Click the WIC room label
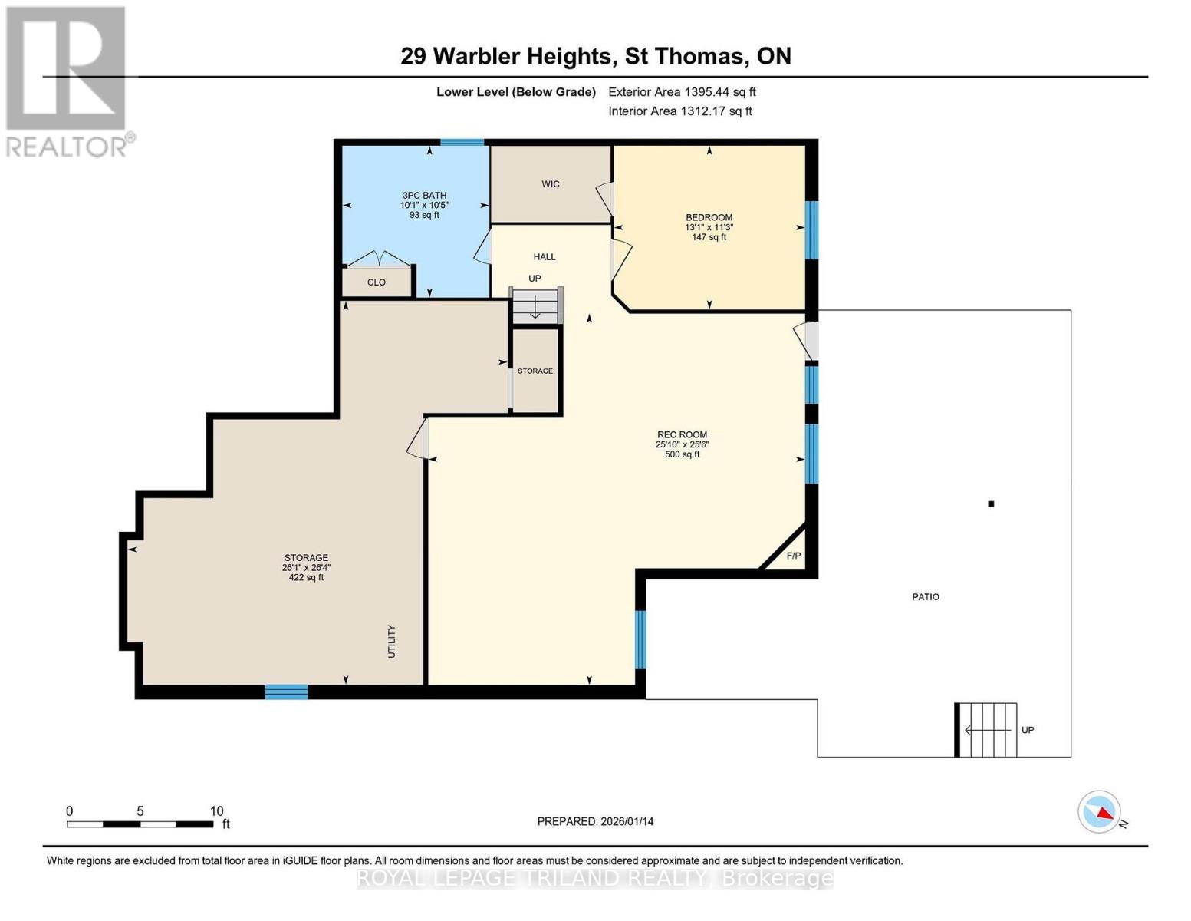click(551, 184)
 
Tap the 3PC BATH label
click(424, 196)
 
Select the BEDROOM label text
click(709, 217)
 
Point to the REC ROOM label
click(681, 434)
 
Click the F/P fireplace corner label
click(793, 556)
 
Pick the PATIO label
click(926, 597)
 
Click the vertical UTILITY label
click(391, 642)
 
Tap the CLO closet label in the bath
click(376, 282)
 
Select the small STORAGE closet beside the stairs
click(535, 371)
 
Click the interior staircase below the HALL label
click(536, 306)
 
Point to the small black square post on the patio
click(991, 504)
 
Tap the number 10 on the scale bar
click(216, 811)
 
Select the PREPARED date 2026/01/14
click(595, 821)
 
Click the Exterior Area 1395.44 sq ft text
click(682, 92)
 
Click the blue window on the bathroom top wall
click(462, 142)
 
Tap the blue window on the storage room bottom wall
click(286, 692)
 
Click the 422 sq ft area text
click(306, 578)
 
